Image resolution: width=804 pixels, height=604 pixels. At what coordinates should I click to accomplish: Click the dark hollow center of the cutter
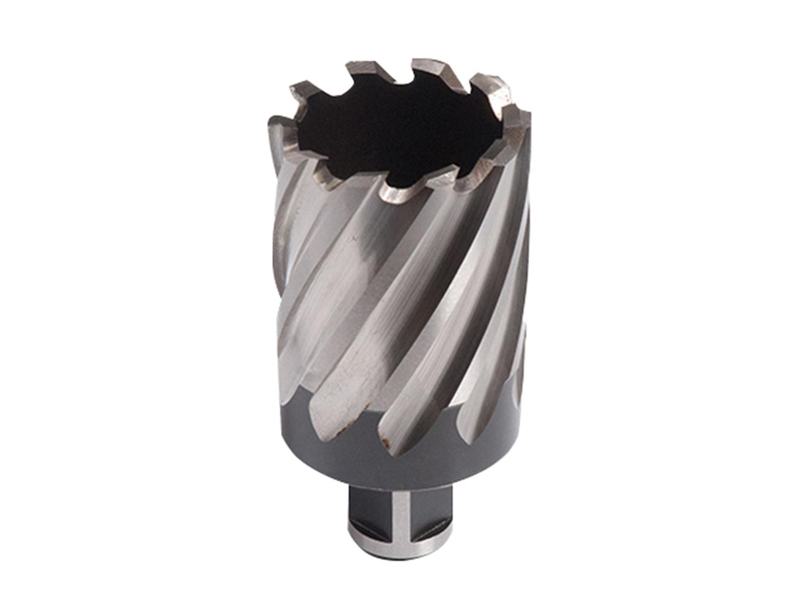[397, 133]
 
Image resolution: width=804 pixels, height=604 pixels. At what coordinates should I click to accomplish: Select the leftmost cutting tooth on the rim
[281, 129]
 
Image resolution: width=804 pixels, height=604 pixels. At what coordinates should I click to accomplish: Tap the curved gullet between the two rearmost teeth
[397, 76]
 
